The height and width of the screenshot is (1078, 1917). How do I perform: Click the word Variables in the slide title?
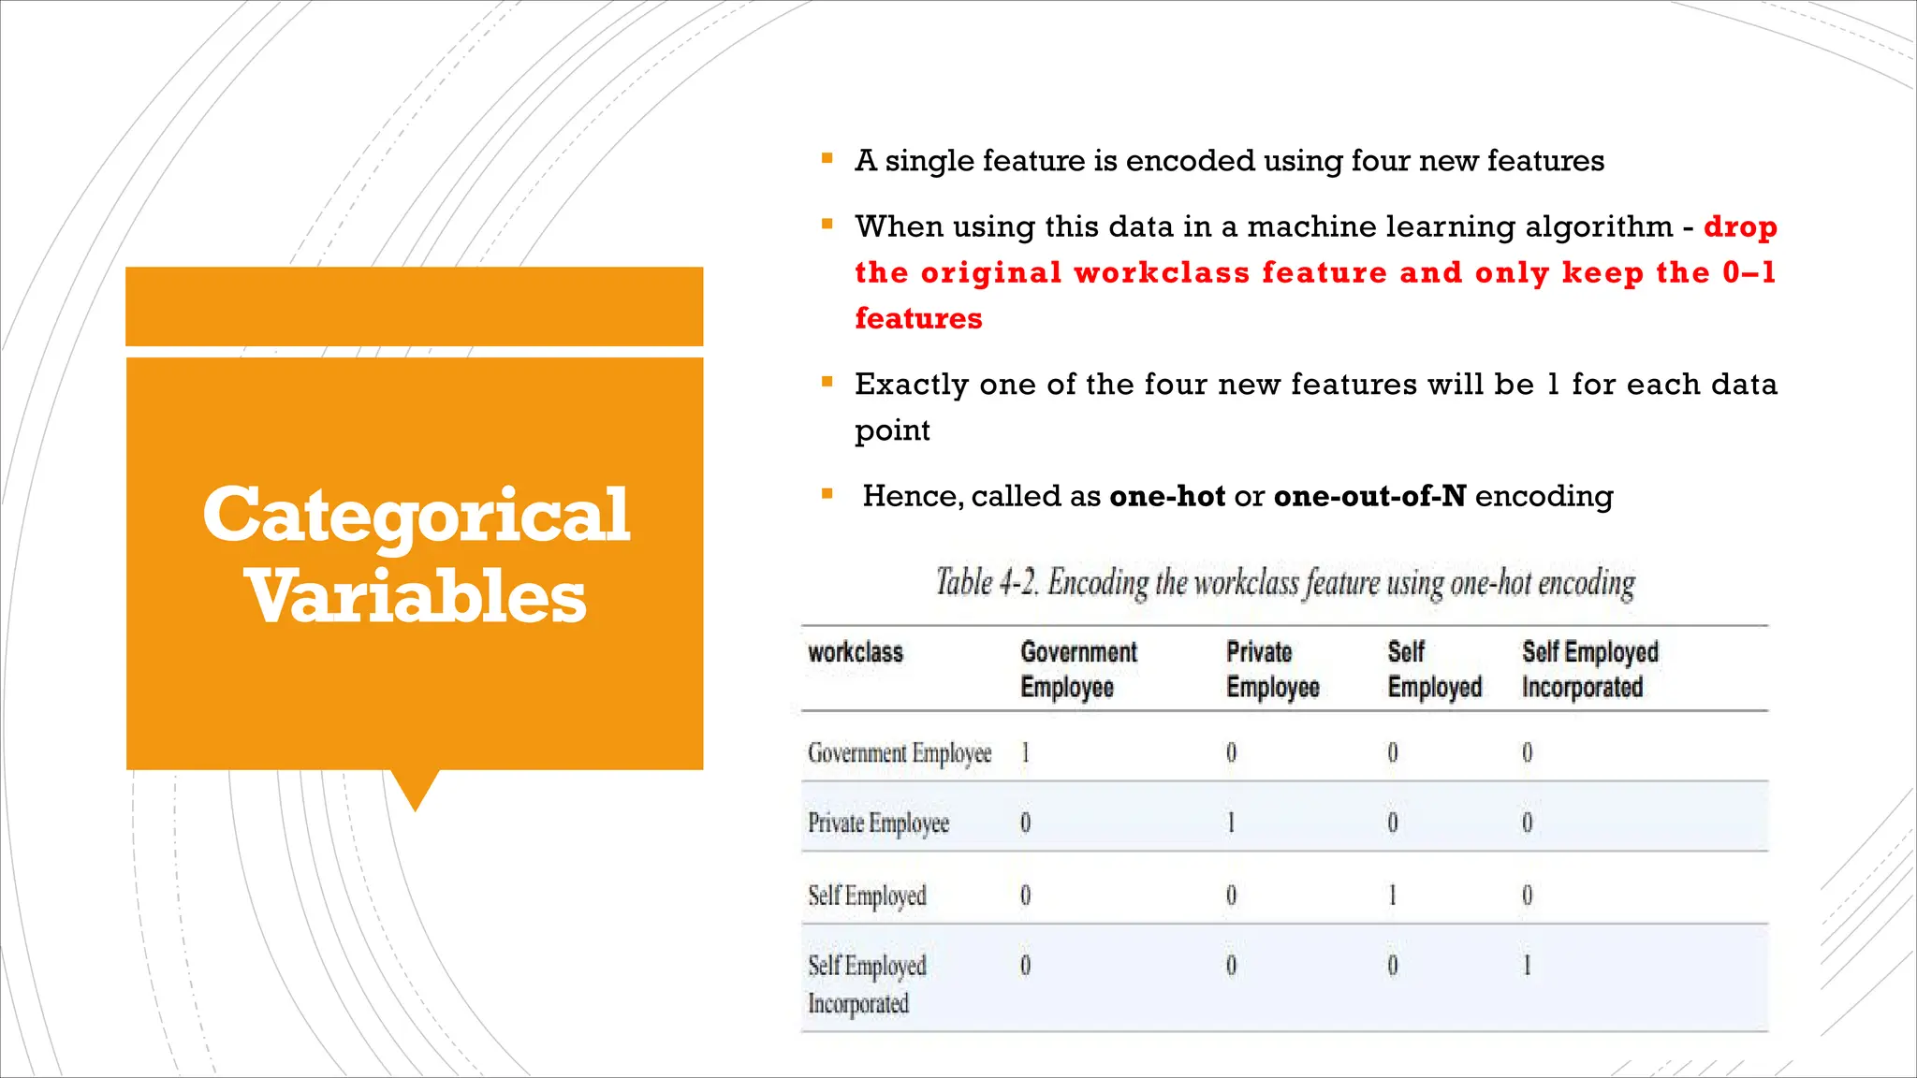(416, 596)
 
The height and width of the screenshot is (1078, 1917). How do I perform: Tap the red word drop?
(1740, 226)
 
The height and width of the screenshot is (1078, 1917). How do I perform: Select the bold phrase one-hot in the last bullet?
(1167, 496)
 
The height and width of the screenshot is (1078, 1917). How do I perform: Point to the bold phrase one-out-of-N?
(1369, 496)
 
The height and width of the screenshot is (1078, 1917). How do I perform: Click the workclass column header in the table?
(856, 652)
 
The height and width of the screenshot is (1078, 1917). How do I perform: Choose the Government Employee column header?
(1078, 669)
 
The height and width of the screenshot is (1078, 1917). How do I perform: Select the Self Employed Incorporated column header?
(1589, 669)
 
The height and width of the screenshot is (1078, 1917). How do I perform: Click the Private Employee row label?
(878, 823)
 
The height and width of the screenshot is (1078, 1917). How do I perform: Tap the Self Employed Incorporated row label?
(867, 983)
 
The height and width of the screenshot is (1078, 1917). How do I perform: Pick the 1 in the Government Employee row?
(1026, 752)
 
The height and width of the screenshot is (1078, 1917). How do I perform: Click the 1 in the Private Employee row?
(1231, 823)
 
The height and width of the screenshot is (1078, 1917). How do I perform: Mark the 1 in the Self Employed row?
(1393, 896)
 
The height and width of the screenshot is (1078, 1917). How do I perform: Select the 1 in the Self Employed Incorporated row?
(1528, 966)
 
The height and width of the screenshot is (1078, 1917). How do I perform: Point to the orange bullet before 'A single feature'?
(827, 159)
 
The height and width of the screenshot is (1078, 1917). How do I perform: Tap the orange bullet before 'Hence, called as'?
(827, 494)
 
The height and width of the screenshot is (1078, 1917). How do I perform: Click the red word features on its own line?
(918, 318)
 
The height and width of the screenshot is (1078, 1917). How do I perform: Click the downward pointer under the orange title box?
(415, 790)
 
